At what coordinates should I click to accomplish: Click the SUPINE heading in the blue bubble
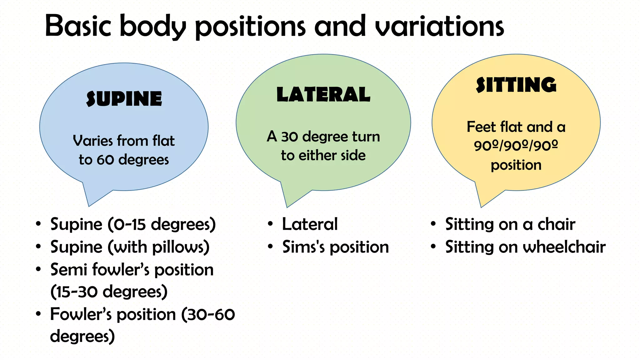[124, 99]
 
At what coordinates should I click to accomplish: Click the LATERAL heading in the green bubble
[323, 94]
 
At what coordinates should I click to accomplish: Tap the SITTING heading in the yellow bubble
[516, 85]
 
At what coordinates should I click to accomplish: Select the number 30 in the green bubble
[290, 137]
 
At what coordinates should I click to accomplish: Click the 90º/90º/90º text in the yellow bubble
[516, 146]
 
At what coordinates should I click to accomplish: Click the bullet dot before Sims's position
[270, 247]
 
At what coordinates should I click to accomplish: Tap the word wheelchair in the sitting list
[564, 247]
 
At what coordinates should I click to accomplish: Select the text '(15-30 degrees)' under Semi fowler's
[109, 292]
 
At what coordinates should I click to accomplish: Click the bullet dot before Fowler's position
[38, 314]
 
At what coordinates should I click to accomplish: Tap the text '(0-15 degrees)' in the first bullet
[162, 224]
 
